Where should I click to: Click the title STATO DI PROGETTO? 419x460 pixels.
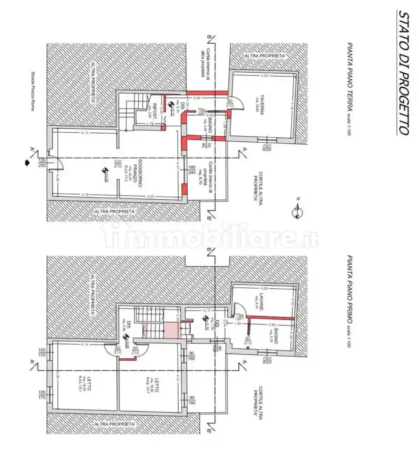click(x=403, y=72)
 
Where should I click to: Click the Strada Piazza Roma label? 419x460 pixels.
click(x=32, y=91)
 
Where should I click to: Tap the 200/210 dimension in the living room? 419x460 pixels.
click(x=117, y=163)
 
